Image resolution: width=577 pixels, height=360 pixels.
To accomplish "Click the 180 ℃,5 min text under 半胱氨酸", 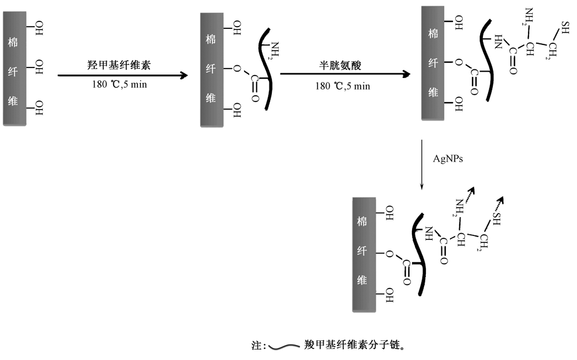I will (x=343, y=86).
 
